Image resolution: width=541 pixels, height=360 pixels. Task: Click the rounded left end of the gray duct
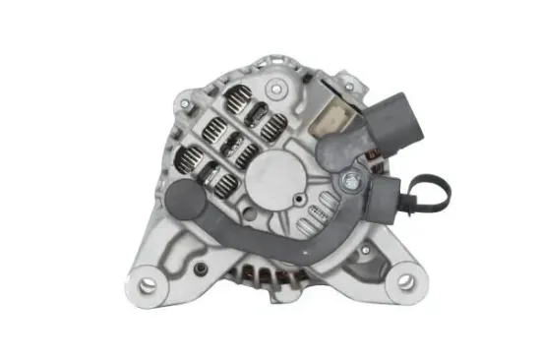click(x=184, y=200)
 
